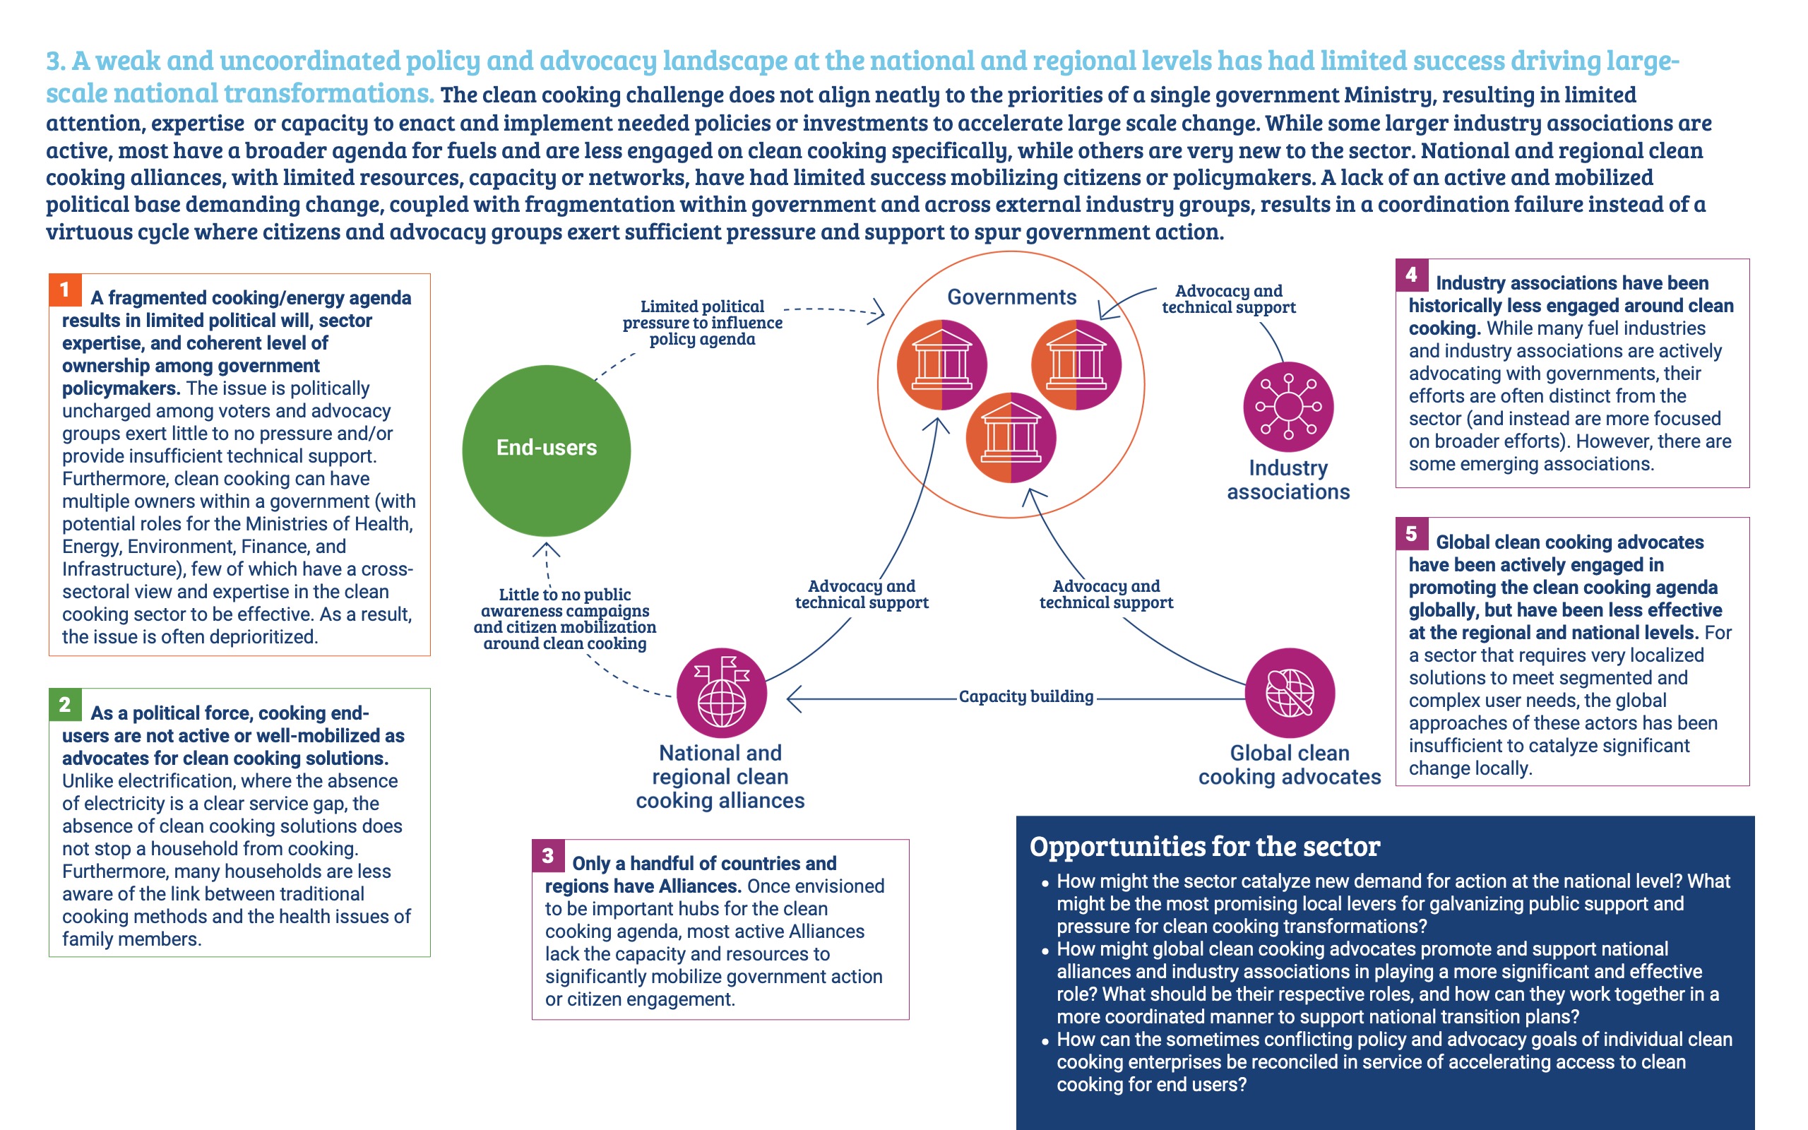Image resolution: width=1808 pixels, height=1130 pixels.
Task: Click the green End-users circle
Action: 546,450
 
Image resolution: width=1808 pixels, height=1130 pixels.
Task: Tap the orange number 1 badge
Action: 65,290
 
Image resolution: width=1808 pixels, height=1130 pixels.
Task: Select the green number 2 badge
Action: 65,704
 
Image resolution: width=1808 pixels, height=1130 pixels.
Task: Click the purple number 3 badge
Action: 547,856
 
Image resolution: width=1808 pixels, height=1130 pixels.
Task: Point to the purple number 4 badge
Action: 1411,275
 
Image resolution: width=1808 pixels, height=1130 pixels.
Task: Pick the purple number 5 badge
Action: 1411,534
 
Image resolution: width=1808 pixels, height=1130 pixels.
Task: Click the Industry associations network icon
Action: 1288,407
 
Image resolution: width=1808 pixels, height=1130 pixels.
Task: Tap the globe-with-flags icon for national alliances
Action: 721,692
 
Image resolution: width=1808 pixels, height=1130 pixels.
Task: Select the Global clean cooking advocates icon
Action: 1290,692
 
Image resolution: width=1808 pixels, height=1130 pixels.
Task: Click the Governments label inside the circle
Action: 1011,297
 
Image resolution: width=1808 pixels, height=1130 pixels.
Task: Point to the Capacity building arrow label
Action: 1025,696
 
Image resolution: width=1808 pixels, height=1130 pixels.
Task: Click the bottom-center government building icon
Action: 1011,438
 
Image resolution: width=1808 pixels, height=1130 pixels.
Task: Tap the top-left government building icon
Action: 941,364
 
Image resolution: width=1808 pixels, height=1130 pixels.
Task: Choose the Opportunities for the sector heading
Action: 1204,847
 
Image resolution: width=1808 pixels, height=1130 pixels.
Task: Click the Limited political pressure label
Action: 702,323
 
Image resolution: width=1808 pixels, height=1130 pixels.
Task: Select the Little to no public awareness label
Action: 565,619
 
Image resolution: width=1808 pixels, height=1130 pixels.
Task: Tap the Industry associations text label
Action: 1288,480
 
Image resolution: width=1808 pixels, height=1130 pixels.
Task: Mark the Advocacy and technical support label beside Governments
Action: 1228,299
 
